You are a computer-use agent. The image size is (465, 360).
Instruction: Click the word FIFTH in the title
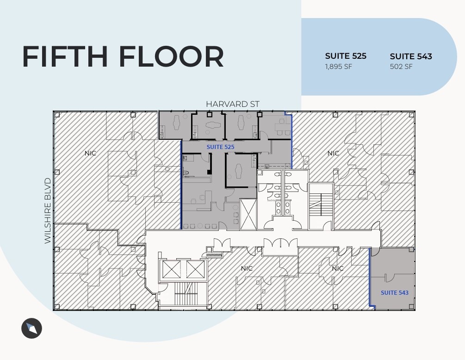(x=65, y=56)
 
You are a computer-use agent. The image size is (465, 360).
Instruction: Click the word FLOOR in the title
(x=171, y=56)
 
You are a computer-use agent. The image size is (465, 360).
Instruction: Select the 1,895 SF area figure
(x=339, y=66)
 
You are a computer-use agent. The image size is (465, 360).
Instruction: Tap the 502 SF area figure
(x=401, y=67)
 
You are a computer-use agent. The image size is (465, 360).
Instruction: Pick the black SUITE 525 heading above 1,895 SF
(x=346, y=56)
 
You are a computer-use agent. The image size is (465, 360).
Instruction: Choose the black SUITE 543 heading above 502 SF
(x=411, y=56)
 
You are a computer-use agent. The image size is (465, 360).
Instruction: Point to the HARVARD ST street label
(x=233, y=104)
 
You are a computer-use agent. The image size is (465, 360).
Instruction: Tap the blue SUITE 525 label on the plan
(x=220, y=147)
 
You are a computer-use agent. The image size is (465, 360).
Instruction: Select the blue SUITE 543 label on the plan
(x=395, y=292)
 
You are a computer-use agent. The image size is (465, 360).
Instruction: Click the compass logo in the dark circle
(x=31, y=329)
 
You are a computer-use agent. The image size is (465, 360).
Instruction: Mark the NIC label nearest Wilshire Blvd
(x=90, y=153)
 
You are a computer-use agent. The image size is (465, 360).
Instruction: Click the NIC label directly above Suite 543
(x=338, y=268)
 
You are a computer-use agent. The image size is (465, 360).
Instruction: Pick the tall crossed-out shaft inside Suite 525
(x=248, y=214)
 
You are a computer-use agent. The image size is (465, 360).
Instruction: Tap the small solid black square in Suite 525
(x=210, y=172)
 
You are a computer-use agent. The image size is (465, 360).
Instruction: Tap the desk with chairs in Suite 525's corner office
(x=281, y=127)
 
